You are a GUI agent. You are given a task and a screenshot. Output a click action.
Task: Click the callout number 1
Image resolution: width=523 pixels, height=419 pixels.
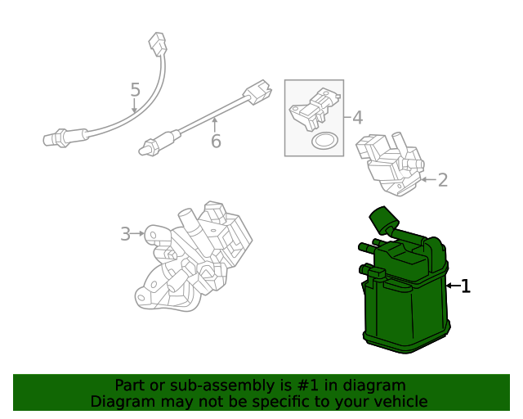tap(466, 286)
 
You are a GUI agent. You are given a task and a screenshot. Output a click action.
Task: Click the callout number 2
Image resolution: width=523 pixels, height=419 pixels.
tap(442, 180)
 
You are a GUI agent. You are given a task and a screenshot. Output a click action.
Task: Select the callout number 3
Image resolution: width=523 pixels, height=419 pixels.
tap(125, 234)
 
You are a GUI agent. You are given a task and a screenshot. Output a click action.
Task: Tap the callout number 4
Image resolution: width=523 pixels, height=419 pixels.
tap(357, 118)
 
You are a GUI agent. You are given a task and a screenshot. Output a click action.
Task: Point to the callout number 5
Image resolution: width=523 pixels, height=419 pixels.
tap(135, 90)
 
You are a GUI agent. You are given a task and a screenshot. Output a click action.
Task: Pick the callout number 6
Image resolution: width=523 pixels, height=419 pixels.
tap(216, 141)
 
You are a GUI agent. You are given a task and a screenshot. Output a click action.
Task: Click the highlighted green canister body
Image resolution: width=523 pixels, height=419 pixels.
tap(405, 315)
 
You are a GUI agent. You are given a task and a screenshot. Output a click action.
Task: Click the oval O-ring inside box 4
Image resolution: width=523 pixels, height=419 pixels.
tap(325, 141)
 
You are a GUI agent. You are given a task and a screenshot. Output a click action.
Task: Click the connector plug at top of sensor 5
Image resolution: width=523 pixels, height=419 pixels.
tap(158, 43)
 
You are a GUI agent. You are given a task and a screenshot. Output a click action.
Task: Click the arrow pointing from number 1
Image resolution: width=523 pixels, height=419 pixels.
tap(453, 286)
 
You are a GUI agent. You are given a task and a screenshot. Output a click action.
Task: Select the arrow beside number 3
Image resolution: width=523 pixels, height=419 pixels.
tap(138, 234)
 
